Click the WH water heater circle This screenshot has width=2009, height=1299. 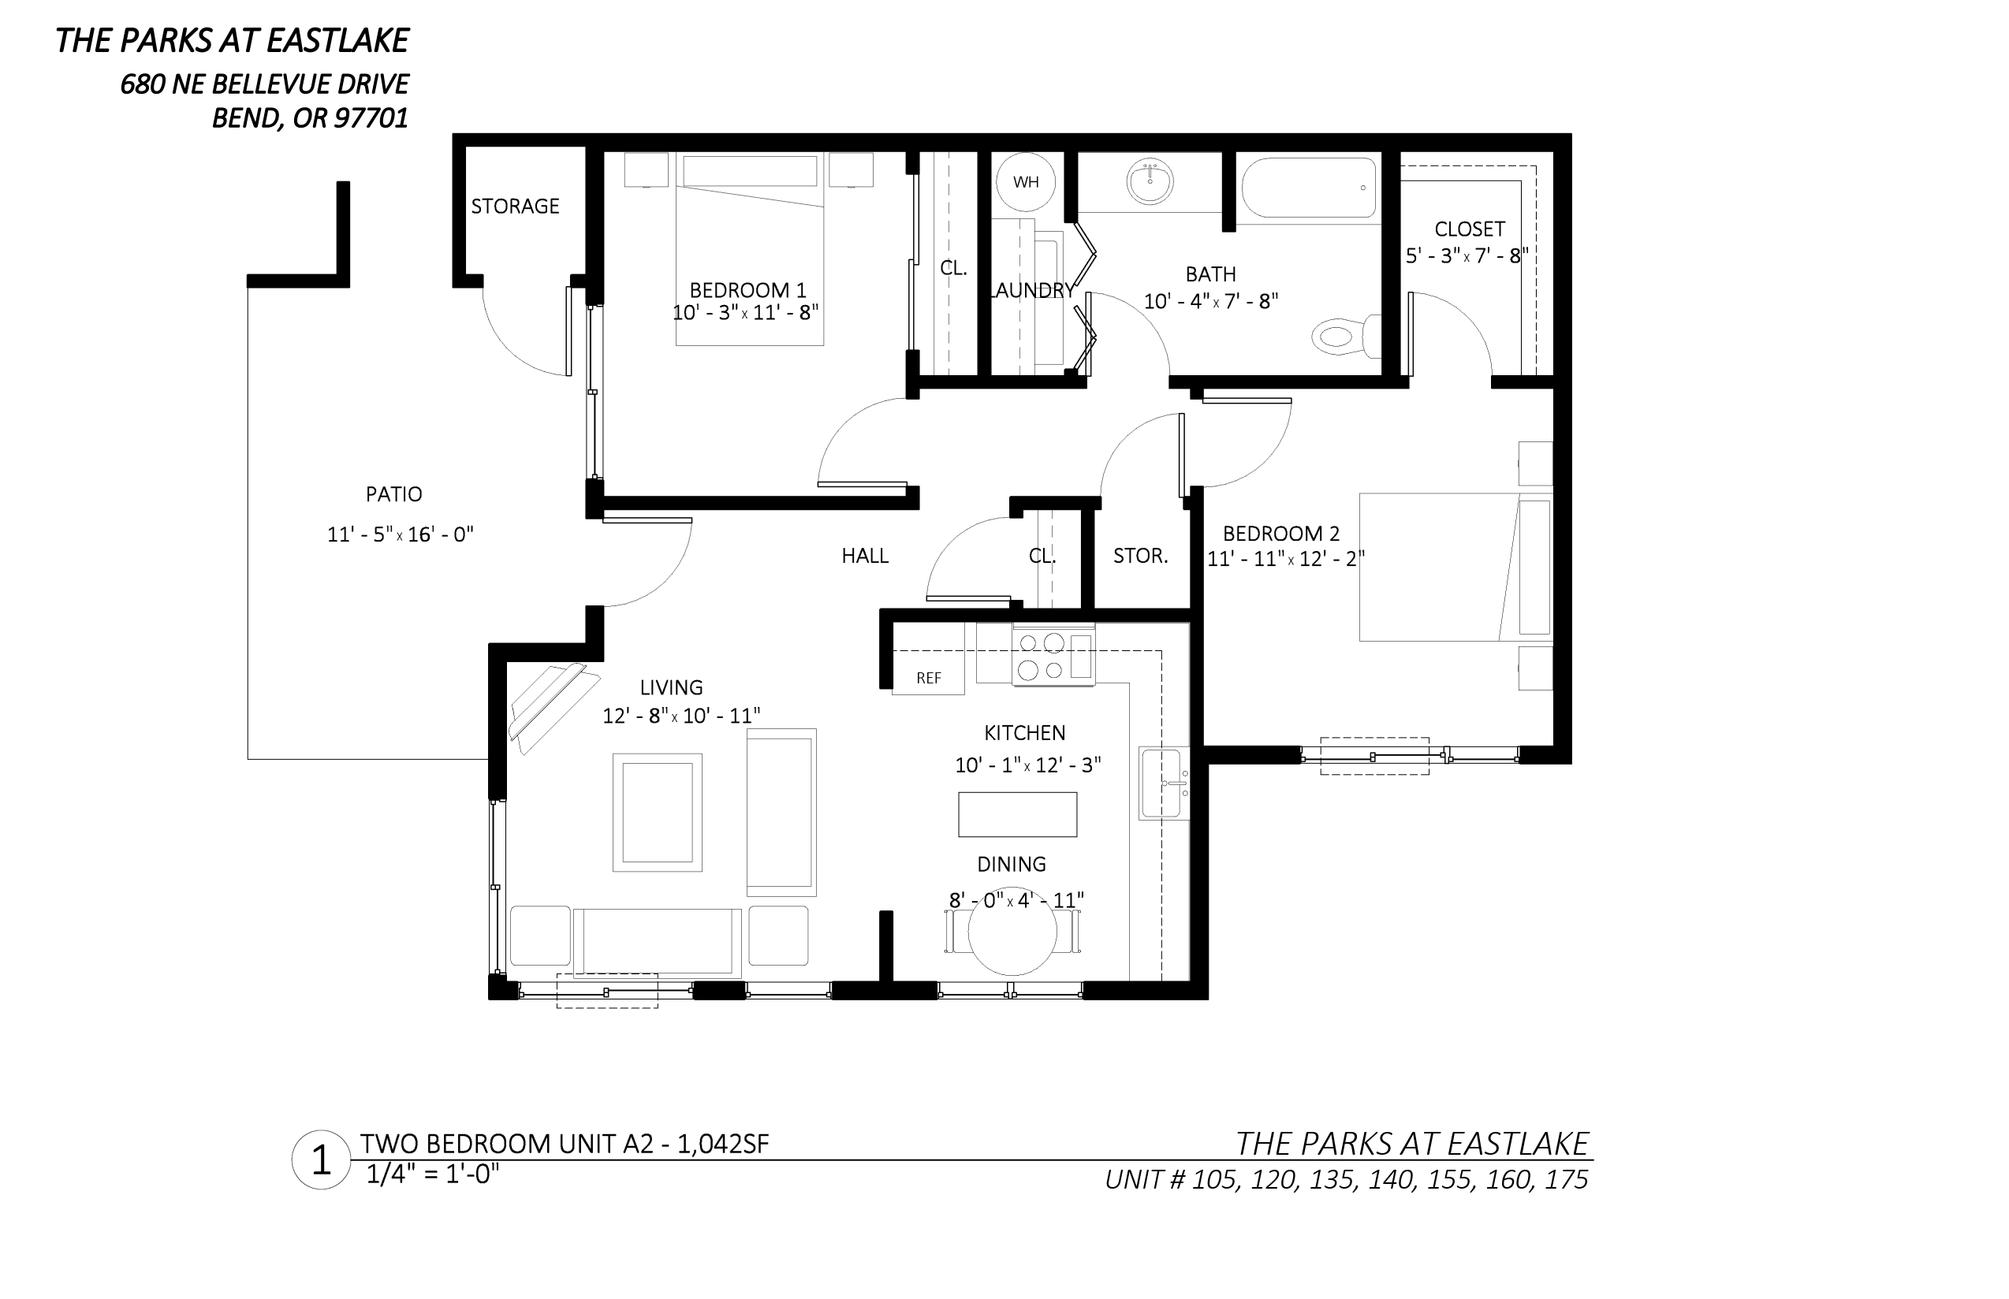(x=1025, y=181)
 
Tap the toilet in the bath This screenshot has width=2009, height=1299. (x=1346, y=336)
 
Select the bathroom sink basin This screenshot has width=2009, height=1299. (x=1150, y=181)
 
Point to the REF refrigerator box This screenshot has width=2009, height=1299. (x=928, y=677)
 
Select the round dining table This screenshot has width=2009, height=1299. (x=1012, y=932)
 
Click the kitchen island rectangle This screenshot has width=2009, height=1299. (x=1017, y=814)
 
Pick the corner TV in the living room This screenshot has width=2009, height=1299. (x=552, y=707)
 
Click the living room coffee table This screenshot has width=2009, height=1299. (x=658, y=813)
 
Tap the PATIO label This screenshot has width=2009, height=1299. (x=394, y=494)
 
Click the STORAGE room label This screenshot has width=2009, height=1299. (x=515, y=207)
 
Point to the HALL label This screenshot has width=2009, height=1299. (x=865, y=556)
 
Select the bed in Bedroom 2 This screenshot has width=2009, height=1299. (x=1455, y=567)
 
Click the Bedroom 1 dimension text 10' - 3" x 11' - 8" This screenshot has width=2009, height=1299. (x=745, y=313)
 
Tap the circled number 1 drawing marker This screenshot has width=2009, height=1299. (x=321, y=1160)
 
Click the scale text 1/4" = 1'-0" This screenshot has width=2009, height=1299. (x=432, y=1175)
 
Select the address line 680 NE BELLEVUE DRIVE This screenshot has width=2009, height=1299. (x=264, y=84)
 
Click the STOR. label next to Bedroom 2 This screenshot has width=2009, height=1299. (x=1140, y=556)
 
